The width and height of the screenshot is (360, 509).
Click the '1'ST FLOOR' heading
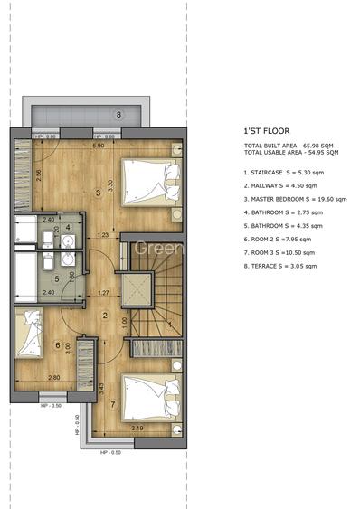pos(264,130)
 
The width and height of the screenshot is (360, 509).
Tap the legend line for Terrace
pos(280,266)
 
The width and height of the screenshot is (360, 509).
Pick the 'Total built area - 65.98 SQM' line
pos(288,146)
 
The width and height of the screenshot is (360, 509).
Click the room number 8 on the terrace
pos(118,115)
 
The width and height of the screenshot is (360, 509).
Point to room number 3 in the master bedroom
pos(98,193)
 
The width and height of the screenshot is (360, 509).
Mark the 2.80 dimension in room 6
pos(54,377)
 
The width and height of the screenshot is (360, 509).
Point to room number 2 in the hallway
pos(105,316)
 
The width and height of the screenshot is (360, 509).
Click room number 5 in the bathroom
pos(56,278)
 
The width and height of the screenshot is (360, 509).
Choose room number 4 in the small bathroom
pos(69,226)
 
